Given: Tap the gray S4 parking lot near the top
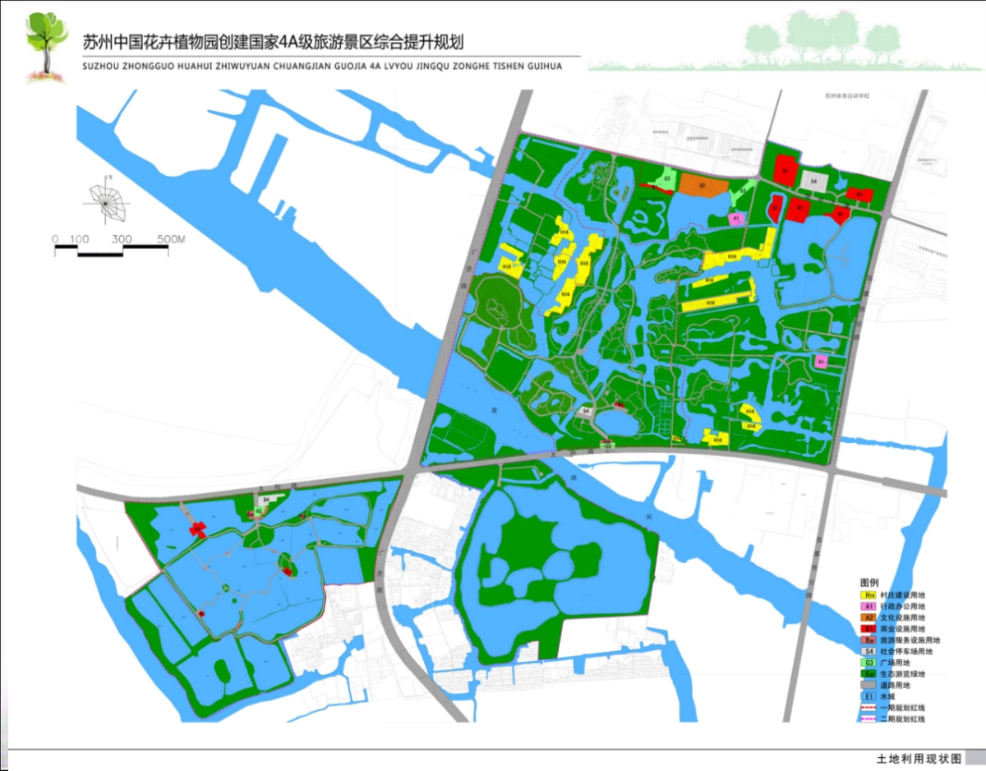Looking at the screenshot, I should coord(814,181).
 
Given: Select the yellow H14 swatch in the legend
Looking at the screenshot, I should coord(867,594).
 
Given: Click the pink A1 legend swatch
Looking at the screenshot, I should coord(867,606).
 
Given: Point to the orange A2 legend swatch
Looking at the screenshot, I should coord(867,616).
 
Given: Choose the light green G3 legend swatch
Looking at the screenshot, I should coord(867,663).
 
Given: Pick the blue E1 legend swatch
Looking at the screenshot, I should coord(867,695).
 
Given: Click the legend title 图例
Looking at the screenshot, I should coord(870,582).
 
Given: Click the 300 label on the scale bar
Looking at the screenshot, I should coord(122,239).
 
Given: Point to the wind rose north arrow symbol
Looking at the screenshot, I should coord(107,201).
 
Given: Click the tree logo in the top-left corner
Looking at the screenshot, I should coord(45,45).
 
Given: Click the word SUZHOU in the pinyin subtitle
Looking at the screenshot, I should coord(102,66).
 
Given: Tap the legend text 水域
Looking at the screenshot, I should coord(889,695).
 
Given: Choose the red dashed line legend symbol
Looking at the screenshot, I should coord(867,707).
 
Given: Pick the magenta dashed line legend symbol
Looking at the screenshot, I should coord(867,718).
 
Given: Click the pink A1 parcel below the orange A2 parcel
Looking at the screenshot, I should coord(737,219).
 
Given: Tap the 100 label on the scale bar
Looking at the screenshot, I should coord(80,239).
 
